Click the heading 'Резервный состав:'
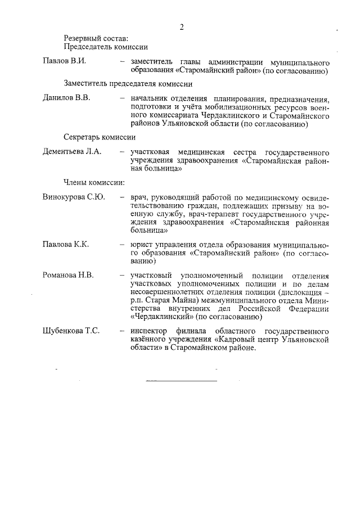[96, 39]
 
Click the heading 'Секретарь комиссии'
[99, 137]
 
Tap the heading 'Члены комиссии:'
[94, 182]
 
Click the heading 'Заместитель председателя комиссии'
[128, 83]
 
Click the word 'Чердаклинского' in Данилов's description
[228, 116]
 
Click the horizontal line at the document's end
[181, 381]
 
